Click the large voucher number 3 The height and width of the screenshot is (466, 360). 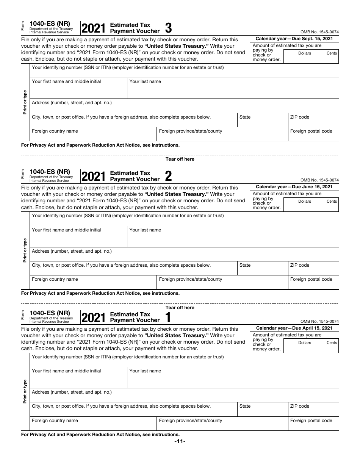coord(169,28)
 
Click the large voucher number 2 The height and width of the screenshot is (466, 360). coord(169,176)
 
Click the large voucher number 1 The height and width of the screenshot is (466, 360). coord(168,317)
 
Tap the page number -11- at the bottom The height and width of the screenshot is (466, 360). coord(180,442)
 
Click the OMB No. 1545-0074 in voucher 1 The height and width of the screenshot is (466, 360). coord(319,321)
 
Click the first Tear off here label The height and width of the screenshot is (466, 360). coord(180,159)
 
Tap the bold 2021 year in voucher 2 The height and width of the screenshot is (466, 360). coord(93,177)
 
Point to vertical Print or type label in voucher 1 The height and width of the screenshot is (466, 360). coord(25,391)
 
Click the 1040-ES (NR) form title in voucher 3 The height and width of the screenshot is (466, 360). coord(50,23)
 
